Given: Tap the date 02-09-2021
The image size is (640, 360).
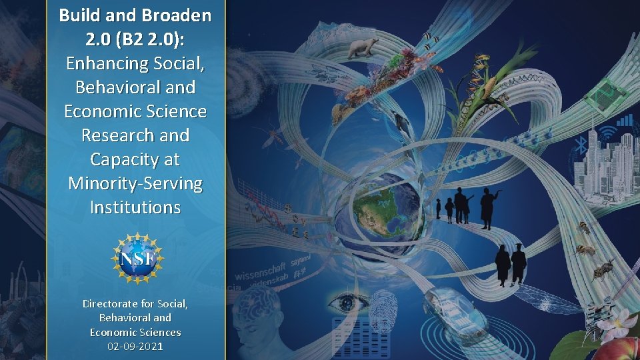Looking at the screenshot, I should pyautogui.click(x=135, y=347).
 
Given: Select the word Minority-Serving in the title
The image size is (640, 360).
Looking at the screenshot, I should pyautogui.click(x=135, y=183).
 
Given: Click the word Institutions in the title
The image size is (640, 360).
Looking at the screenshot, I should pyautogui.click(x=135, y=207).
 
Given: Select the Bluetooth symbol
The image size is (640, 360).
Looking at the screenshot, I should pyautogui.click(x=581, y=145).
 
